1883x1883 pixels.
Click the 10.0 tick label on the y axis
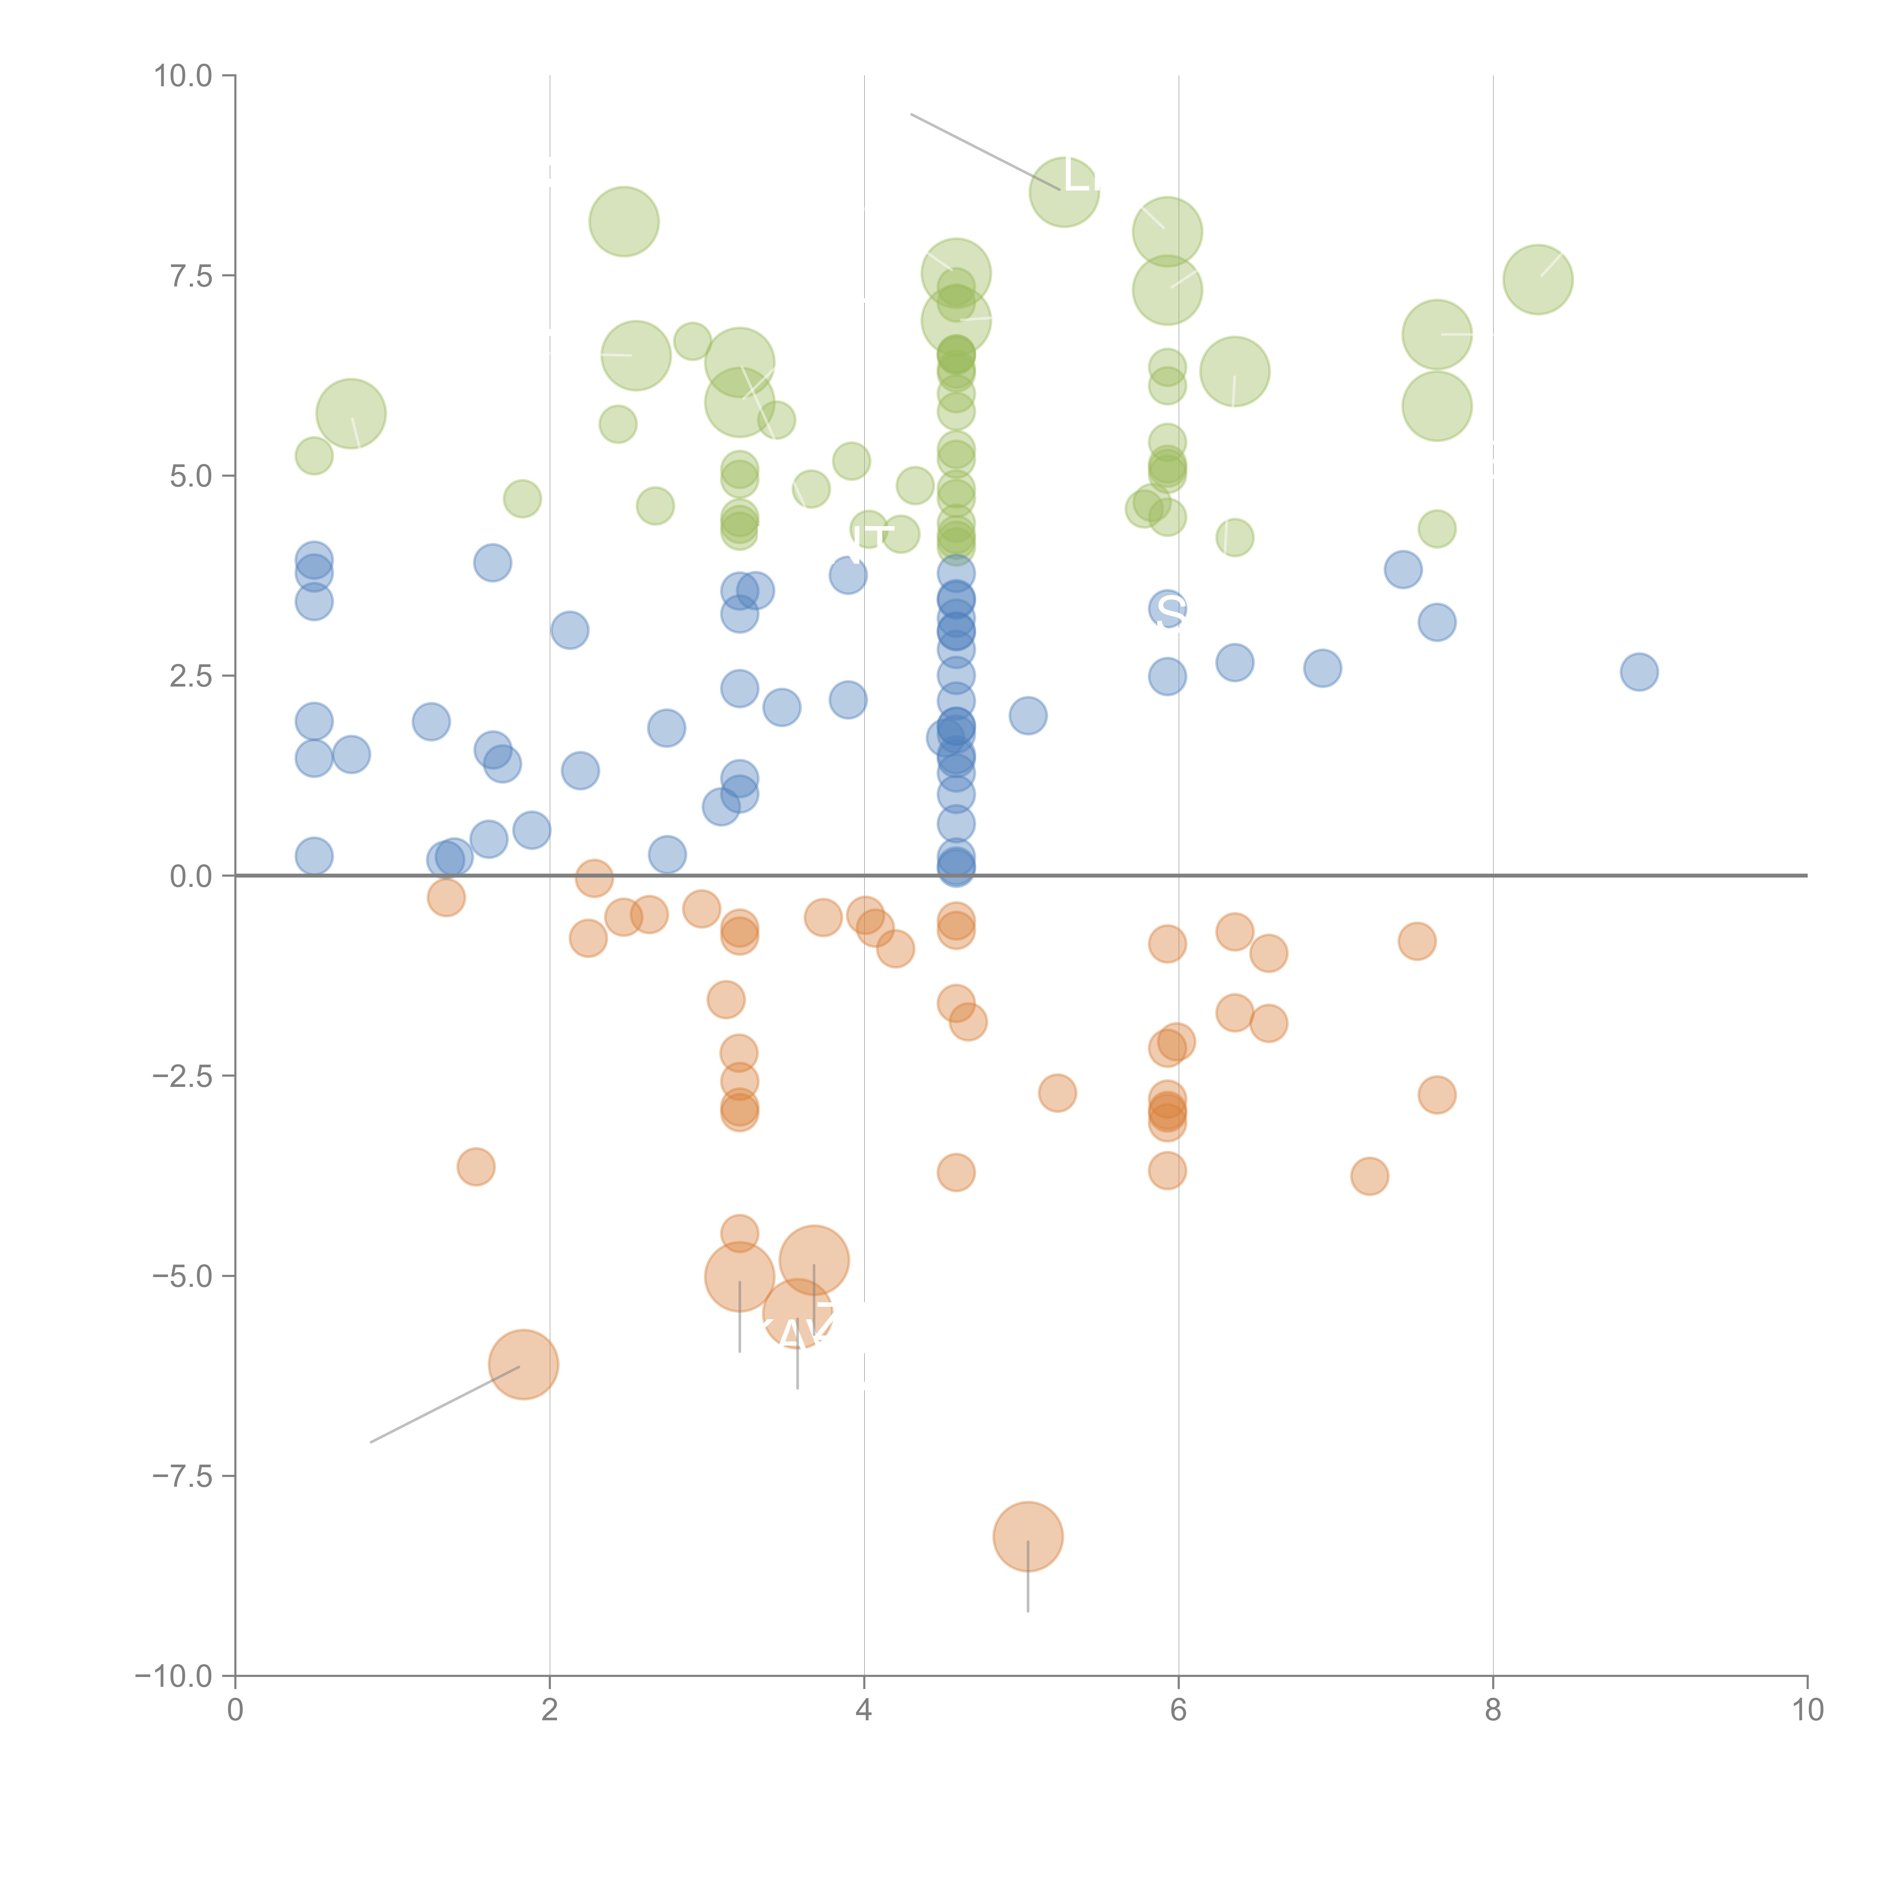tap(183, 76)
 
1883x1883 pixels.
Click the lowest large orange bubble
tap(1028, 1537)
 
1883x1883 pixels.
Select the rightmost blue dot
tap(1639, 671)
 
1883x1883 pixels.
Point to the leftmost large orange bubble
tap(523, 1364)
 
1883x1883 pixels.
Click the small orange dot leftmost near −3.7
tap(476, 1167)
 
